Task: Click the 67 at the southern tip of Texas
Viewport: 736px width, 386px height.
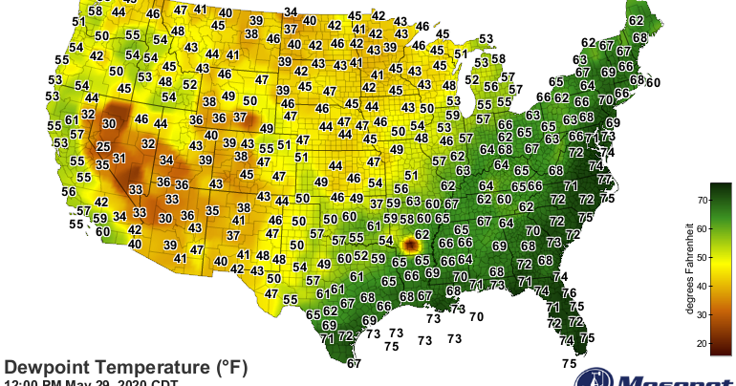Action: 354,363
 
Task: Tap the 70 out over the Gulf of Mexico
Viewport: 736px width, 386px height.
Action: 475,316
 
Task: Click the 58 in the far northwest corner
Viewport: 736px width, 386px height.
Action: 94,11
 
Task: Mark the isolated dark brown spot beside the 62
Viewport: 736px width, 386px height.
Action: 411,245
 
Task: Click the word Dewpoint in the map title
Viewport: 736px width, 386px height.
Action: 49,367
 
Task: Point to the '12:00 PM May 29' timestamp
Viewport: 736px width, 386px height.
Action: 57,382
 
